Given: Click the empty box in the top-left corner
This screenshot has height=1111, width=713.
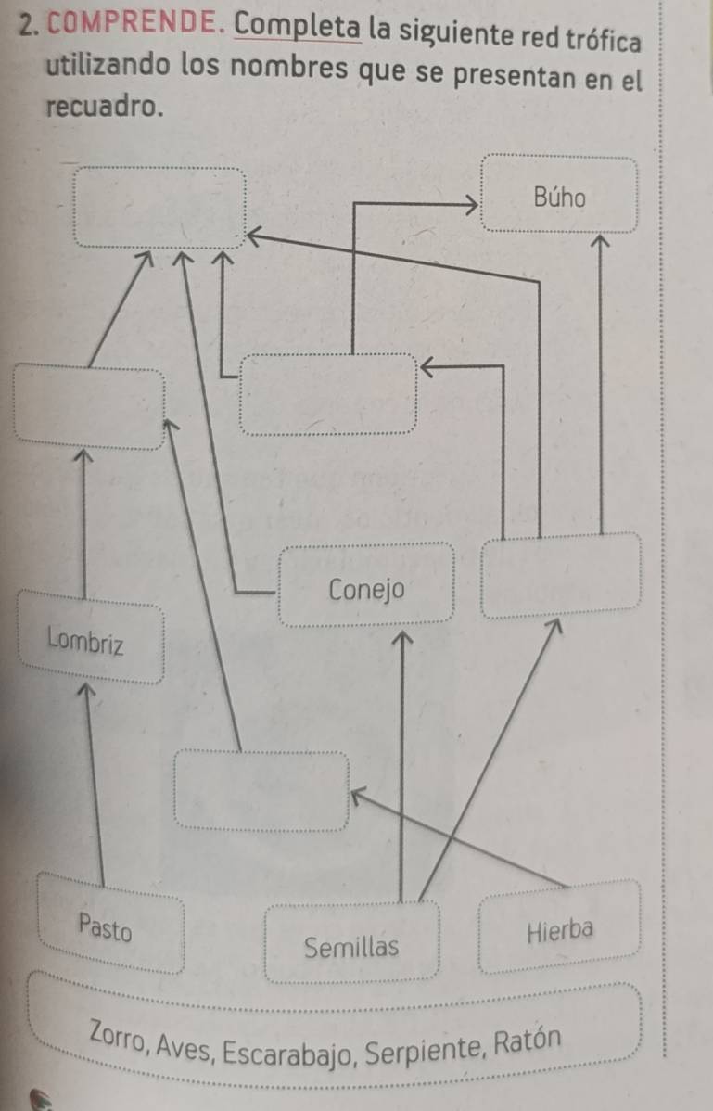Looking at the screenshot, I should [x=161, y=206].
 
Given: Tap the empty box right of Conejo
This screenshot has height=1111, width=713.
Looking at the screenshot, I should [x=560, y=573].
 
